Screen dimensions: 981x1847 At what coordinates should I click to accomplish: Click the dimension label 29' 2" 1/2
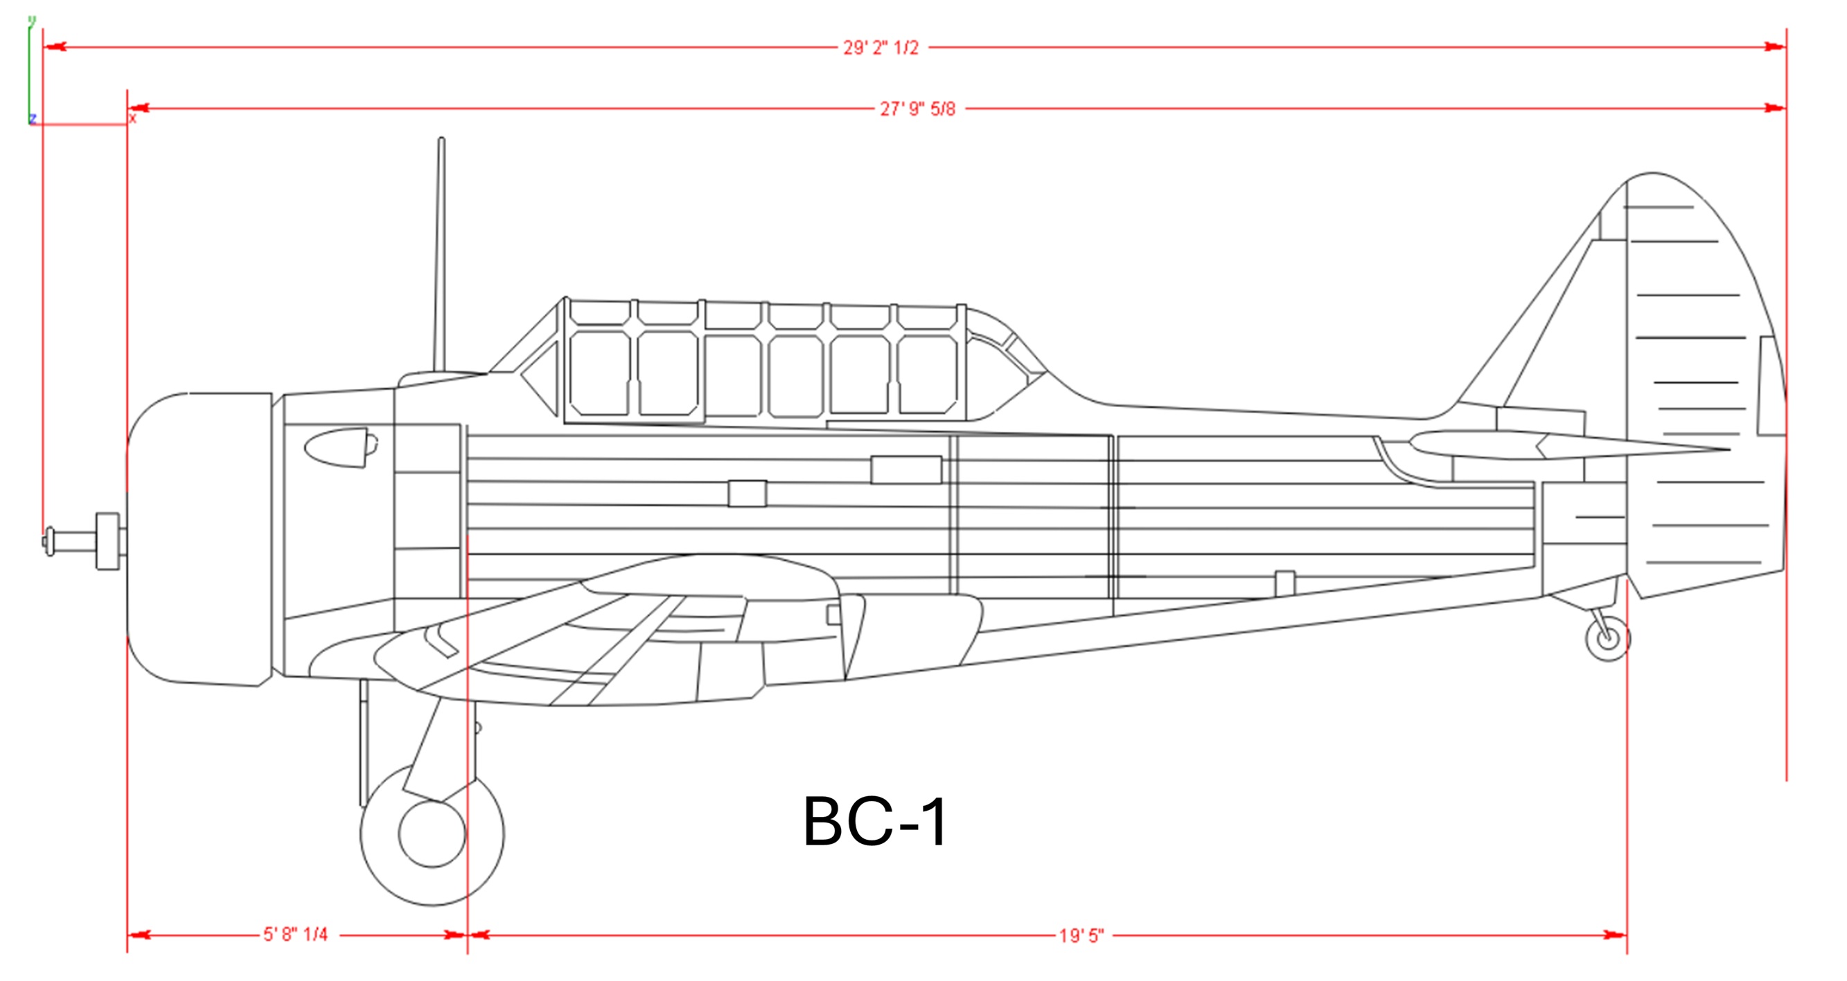[x=881, y=48]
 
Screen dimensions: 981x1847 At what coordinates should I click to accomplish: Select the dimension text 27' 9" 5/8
[x=918, y=109]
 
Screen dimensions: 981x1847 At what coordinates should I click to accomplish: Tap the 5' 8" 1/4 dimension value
[x=295, y=935]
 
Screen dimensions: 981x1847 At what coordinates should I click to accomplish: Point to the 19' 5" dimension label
[x=1082, y=936]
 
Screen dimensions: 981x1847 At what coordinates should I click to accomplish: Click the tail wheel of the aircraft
[x=1607, y=638]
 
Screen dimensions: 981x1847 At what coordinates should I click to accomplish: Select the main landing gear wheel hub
[x=432, y=834]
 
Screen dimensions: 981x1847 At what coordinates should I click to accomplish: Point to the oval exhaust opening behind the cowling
[x=337, y=448]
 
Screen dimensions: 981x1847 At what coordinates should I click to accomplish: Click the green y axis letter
[x=32, y=20]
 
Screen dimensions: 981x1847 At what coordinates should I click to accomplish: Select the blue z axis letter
[x=33, y=118]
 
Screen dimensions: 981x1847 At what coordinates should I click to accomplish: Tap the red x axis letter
[x=132, y=118]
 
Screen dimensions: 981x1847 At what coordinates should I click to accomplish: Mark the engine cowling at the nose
[x=200, y=537]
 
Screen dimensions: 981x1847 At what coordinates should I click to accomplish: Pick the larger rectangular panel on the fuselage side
[x=906, y=470]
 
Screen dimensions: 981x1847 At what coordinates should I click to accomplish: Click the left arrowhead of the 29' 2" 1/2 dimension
[x=55, y=47]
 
